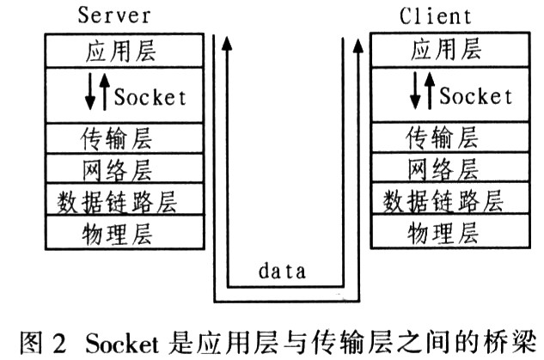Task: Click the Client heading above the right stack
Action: [x=436, y=15]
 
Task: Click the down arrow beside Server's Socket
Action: [x=90, y=95]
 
